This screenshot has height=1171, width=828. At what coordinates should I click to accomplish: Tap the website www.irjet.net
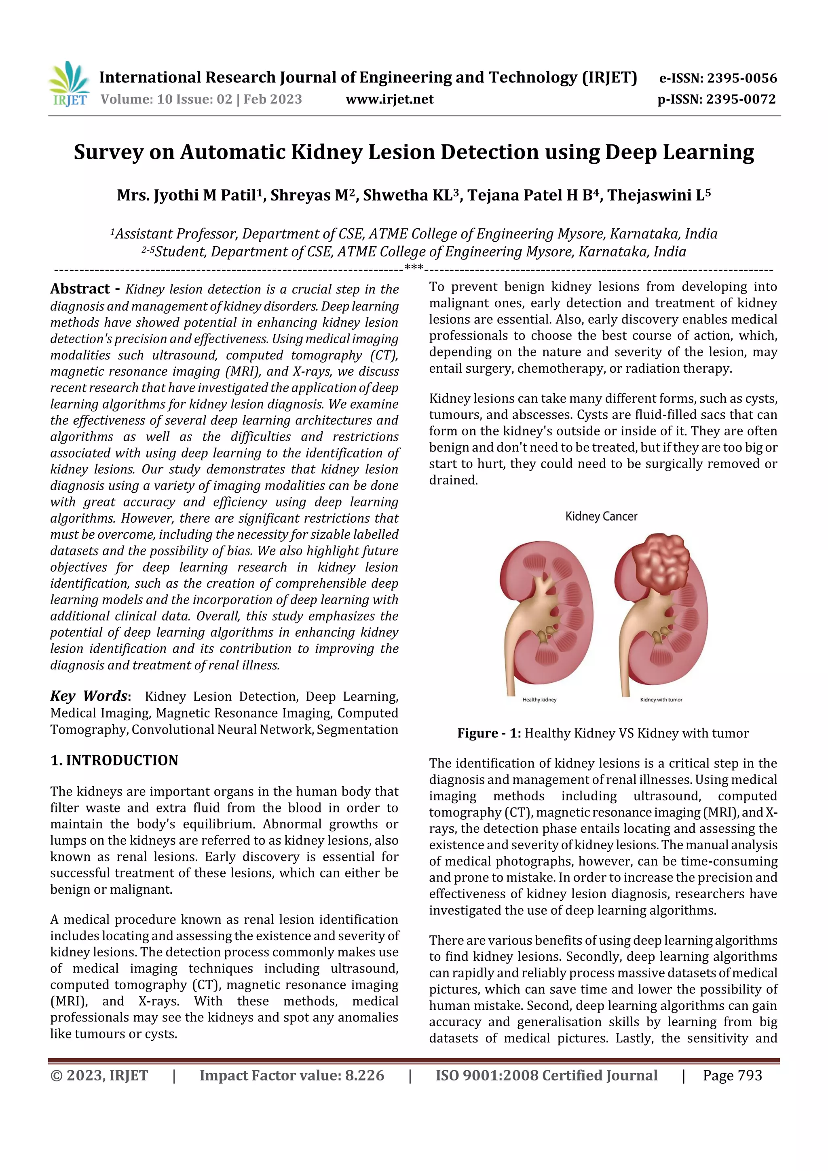[x=389, y=99]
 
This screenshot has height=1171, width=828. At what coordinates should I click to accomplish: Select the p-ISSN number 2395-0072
[x=741, y=99]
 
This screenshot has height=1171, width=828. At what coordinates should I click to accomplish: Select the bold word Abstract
[x=80, y=289]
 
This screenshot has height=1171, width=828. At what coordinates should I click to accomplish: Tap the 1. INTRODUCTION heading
[x=114, y=760]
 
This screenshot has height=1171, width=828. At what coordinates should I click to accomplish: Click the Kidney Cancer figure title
[x=601, y=517]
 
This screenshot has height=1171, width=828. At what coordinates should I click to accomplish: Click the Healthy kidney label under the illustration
[x=539, y=700]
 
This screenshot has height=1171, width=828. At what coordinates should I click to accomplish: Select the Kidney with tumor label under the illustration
[x=661, y=700]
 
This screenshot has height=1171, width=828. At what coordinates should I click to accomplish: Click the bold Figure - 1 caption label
[x=488, y=733]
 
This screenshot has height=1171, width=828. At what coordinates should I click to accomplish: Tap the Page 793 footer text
[x=732, y=1076]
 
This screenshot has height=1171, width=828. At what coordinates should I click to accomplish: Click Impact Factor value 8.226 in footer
[x=291, y=1076]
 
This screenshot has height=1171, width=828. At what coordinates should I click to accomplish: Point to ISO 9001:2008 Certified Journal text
[x=546, y=1076]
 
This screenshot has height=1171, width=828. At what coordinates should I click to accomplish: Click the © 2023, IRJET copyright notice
[x=99, y=1076]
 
